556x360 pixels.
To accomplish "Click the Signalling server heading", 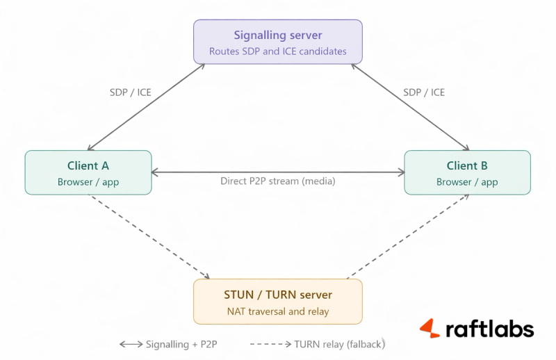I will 277,35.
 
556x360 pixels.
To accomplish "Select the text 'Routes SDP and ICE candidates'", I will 277,51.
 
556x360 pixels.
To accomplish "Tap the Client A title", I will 88,166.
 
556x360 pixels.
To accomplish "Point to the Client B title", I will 467,166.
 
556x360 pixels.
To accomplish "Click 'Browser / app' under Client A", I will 88,182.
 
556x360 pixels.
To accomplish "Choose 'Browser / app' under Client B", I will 467,182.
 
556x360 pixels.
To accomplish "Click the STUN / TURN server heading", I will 277,295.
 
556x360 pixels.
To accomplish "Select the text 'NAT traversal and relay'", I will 277,311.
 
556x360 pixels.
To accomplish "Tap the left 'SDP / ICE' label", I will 130,92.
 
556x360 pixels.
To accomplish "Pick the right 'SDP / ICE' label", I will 424,92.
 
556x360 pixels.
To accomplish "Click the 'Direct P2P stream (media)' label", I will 277,181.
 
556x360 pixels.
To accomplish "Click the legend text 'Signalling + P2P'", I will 186,344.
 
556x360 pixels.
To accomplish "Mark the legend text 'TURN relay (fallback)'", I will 339,344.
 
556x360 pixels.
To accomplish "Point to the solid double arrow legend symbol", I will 131,344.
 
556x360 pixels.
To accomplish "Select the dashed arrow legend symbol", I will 270,344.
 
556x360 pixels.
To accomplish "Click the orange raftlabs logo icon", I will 430,329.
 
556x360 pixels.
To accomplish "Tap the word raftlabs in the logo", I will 489,329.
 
